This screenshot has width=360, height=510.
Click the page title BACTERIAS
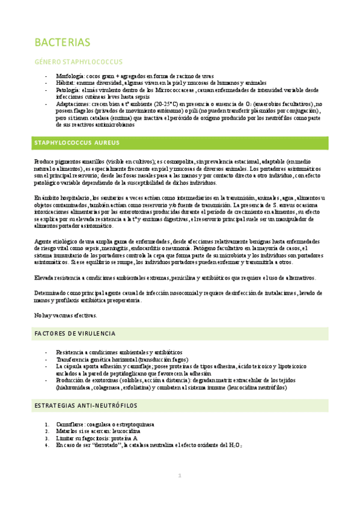coord(63,43)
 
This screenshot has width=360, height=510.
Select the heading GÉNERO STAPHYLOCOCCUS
coord(78,62)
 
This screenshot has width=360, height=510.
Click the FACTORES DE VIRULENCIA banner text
coord(75,334)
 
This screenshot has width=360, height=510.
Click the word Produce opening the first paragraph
coord(44,162)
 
